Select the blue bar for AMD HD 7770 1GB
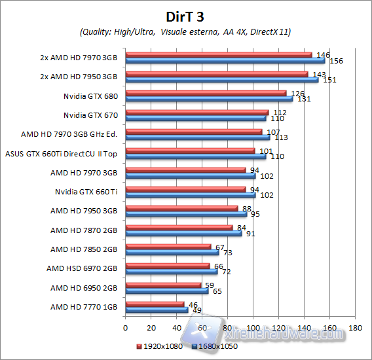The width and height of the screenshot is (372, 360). (x=157, y=310)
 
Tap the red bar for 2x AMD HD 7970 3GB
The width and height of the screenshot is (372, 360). (x=218, y=54)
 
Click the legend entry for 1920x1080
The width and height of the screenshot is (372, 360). (x=160, y=346)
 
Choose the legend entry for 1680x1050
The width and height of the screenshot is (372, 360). (x=214, y=346)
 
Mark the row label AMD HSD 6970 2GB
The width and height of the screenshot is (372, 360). (x=81, y=268)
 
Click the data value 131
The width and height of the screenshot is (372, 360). (x=303, y=99)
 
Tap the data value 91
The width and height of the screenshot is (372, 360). (x=251, y=233)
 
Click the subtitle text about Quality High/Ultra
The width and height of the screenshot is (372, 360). (x=185, y=31)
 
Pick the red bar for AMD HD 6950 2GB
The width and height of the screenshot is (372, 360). (x=163, y=285)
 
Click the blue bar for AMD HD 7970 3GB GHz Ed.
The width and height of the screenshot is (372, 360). (x=197, y=137)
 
